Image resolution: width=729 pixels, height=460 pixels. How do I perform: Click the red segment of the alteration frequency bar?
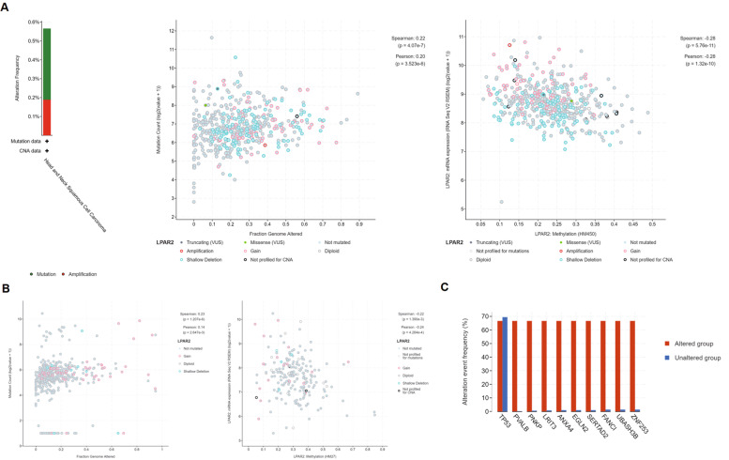point(47,116)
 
